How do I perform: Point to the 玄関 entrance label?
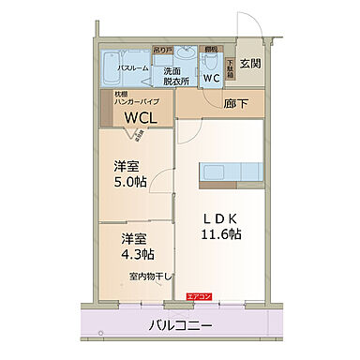click(250, 64)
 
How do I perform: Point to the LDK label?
click(221, 217)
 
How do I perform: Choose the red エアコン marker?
click(199, 297)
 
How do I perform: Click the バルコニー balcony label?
click(181, 326)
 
